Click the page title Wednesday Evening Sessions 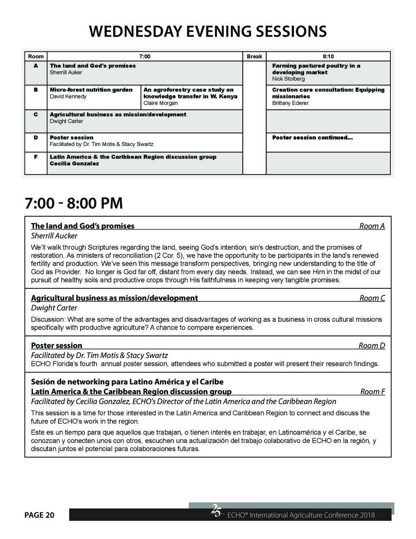tap(208, 31)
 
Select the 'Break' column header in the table tap(254, 57)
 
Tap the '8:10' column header tap(328, 57)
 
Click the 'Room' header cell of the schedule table tap(36, 57)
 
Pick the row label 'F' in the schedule tap(36, 157)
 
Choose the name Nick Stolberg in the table tap(288, 79)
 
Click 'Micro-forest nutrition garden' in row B tap(91, 90)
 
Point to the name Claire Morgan tap(160, 103)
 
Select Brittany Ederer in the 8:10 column tap(290, 103)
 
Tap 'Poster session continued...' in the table tap(312, 138)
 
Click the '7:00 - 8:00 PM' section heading tap(74, 203)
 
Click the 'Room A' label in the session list tap(372, 226)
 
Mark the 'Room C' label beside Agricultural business tap(372, 298)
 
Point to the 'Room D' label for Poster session tap(372, 346)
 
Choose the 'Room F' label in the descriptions tap(373, 392)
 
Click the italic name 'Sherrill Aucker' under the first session tap(54, 236)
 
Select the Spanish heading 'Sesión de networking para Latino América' tap(127, 382)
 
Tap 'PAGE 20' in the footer tap(39, 515)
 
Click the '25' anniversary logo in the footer tap(216, 511)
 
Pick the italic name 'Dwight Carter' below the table tap(54, 308)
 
